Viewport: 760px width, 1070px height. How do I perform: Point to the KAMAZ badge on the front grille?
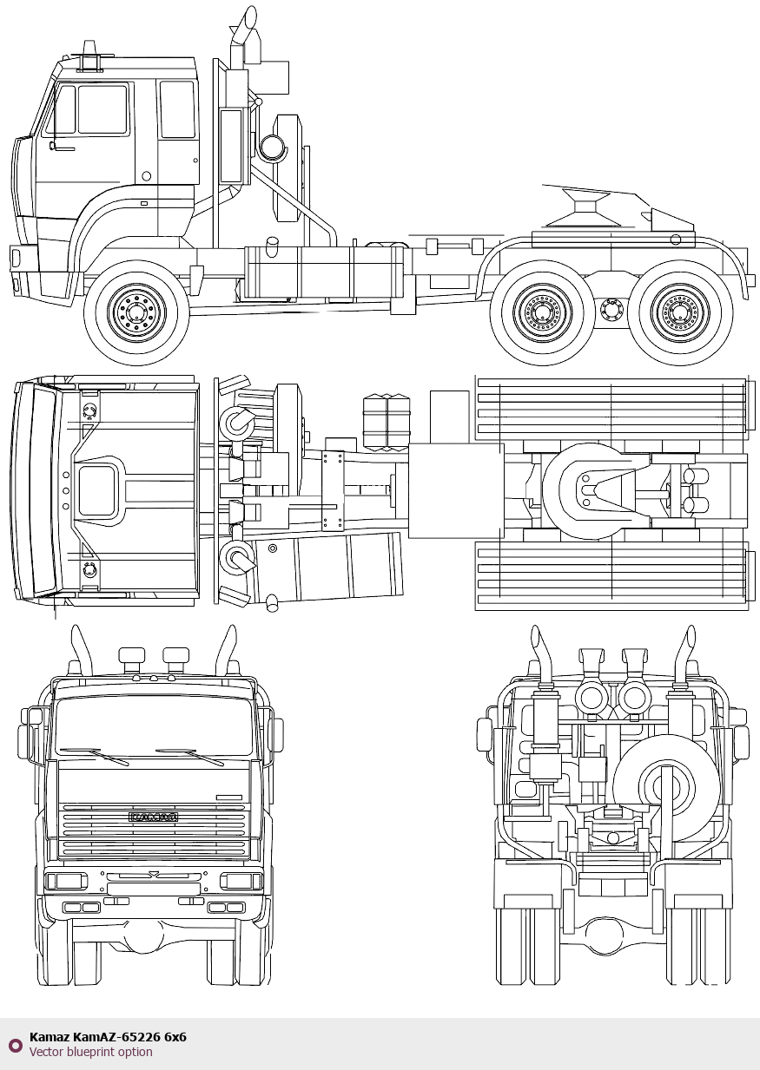tap(154, 817)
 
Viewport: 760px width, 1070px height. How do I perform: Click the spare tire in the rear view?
tap(666, 787)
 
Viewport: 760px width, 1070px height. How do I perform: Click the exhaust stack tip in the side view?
tap(250, 17)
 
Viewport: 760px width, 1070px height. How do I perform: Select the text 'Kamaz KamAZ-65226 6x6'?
tap(108, 1037)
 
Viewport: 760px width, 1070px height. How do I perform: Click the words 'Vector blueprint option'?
tap(90, 1053)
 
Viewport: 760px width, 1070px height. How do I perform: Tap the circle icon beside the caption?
tap(15, 1045)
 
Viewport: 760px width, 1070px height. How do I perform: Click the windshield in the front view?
tap(154, 727)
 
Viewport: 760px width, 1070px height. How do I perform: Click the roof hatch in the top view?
tap(97, 491)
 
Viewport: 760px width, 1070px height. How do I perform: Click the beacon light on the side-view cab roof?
tap(89, 48)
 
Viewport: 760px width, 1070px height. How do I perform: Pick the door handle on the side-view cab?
tap(63, 148)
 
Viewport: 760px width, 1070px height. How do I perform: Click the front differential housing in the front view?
tap(143, 935)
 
